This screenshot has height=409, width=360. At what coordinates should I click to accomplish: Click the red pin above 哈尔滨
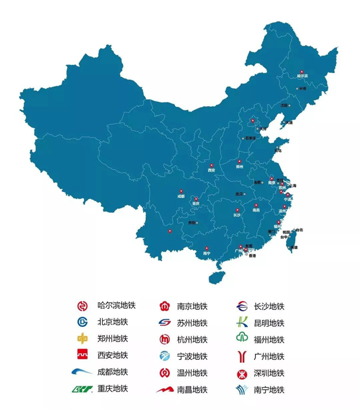coord(302,71)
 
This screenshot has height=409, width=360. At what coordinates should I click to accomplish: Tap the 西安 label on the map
coord(211,170)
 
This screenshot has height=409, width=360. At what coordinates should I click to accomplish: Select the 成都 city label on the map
coord(181,196)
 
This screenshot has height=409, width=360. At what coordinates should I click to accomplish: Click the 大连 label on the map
coord(289,122)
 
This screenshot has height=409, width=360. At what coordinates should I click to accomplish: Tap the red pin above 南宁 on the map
coord(206,247)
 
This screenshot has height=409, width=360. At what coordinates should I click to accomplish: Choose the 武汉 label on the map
coord(239,194)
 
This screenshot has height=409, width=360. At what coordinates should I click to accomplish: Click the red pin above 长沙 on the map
coord(237,209)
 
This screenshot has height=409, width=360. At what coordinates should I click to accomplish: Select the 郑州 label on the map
coord(240,167)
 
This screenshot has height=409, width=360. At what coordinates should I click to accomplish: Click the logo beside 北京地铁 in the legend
coord(83,322)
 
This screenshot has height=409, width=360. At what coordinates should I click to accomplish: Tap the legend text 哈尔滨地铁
coord(116,306)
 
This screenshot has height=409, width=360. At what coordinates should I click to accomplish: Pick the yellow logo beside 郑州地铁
coord(83,339)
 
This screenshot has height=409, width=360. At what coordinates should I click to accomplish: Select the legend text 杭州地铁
coord(192,339)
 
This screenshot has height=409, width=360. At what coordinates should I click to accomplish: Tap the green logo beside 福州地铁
coord(242,339)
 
